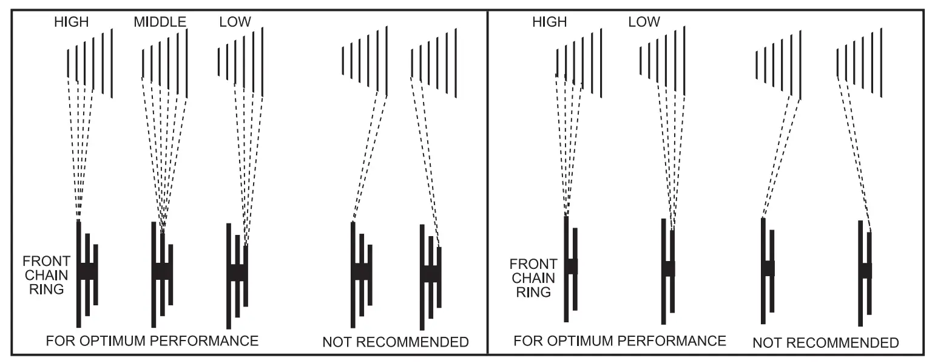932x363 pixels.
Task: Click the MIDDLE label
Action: pos(160,22)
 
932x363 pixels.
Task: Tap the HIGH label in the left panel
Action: pos(71,22)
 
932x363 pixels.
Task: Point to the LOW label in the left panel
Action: pos(235,22)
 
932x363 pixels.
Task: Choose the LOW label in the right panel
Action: pos(644,22)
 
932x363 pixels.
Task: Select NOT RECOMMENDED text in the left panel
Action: pos(395,342)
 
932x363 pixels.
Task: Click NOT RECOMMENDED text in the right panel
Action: pos(825,344)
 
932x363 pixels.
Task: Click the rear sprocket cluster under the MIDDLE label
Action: pos(164,63)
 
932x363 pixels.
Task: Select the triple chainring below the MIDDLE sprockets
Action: pos(162,272)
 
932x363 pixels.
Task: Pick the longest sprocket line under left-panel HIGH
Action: pos(112,63)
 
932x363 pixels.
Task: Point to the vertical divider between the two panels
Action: pos(488,182)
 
